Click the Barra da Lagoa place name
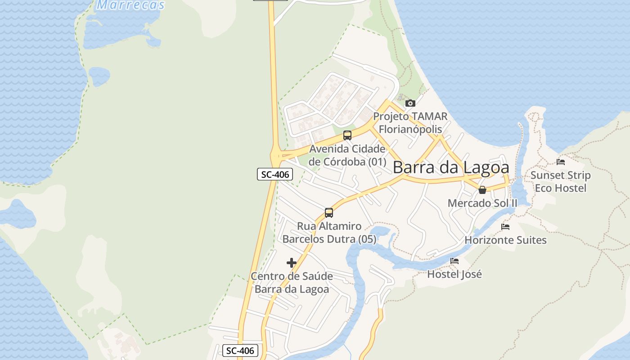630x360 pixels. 451,167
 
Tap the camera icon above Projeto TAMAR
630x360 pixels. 410,103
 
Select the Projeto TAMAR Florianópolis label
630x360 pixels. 410,123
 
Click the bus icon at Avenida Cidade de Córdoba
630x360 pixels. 347,135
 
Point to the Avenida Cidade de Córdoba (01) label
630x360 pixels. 347,155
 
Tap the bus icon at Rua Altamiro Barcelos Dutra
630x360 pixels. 329,213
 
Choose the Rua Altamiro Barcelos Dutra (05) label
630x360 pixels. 329,233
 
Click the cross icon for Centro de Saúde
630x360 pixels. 292,263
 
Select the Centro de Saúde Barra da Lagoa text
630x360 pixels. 292,283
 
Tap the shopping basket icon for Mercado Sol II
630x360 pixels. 482,190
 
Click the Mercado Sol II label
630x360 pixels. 482,203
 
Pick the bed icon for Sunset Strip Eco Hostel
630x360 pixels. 561,162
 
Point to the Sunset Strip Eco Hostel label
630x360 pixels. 561,181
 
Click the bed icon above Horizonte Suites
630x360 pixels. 505,227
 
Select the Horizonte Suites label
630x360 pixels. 505,240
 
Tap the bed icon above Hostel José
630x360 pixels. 454,261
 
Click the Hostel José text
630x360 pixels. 454,274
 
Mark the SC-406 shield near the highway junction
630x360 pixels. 275,174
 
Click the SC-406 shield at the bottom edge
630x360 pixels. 240,351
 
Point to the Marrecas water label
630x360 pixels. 131,5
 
